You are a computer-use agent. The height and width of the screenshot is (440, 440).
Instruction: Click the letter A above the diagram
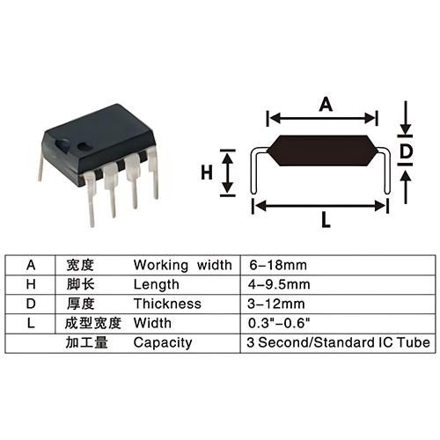326,105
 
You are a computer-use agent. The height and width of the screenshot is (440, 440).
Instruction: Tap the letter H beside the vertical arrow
207,172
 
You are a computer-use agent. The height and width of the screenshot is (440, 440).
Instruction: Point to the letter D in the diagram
407,151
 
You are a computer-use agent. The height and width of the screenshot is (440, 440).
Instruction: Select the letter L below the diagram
326,220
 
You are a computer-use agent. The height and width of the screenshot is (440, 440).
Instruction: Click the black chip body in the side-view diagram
322,150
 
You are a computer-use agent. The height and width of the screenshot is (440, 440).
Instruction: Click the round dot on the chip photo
84,145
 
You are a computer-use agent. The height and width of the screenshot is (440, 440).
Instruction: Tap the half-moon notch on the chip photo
62,144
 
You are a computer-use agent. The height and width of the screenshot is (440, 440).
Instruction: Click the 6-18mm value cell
278,265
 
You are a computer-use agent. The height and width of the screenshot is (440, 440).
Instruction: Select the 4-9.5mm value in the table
279,284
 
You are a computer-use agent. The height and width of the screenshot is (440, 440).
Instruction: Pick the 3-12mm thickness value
276,304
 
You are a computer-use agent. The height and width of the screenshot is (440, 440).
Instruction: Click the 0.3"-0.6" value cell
279,323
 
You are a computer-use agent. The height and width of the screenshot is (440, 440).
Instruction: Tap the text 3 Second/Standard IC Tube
338,342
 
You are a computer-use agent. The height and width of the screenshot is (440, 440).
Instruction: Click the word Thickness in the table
167,304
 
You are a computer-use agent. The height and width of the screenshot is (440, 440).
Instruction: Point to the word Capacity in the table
163,343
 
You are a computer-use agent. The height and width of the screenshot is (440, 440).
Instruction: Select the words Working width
183,265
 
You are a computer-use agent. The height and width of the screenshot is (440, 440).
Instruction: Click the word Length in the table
156,285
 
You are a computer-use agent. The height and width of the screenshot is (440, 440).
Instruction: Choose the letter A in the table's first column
31,265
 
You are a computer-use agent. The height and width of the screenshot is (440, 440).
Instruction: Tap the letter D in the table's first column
31,304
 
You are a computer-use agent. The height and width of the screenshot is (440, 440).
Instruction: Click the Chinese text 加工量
87,342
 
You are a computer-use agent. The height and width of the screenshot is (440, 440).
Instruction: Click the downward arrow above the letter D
406,118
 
